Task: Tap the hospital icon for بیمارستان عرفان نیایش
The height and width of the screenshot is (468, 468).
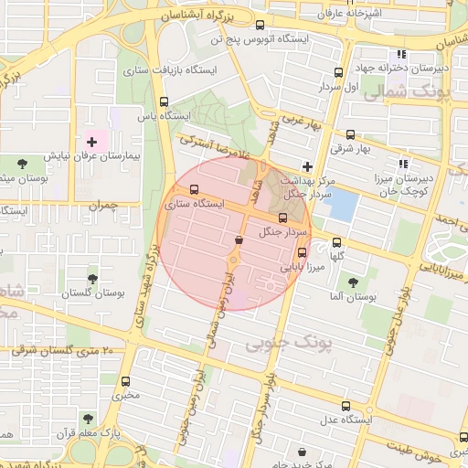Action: pyautogui.click(x=91, y=142)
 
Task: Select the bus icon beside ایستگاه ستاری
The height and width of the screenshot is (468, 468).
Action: pyautogui.click(x=193, y=190)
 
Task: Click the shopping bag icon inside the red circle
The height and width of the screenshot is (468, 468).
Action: pyautogui.click(x=239, y=239)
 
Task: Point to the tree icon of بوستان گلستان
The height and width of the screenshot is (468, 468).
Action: pyautogui.click(x=91, y=278)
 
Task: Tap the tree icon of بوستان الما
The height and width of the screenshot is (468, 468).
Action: pyautogui.click(x=352, y=282)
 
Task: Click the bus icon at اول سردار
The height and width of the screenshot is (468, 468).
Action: pyautogui.click(x=339, y=73)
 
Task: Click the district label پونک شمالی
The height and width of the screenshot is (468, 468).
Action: pyautogui.click(x=399, y=93)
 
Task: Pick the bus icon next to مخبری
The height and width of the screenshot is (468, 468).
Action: pyautogui.click(x=127, y=380)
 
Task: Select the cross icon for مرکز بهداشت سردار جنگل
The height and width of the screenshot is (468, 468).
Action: pyautogui.click(x=307, y=167)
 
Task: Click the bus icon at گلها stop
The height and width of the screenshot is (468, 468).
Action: pyautogui.click(x=336, y=242)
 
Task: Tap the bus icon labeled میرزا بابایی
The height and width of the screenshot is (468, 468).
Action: pyautogui.click(x=302, y=252)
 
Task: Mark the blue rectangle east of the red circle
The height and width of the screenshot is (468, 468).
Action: pyautogui.click(x=341, y=204)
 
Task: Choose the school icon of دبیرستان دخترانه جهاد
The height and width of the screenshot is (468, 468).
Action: pyautogui.click(x=402, y=54)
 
